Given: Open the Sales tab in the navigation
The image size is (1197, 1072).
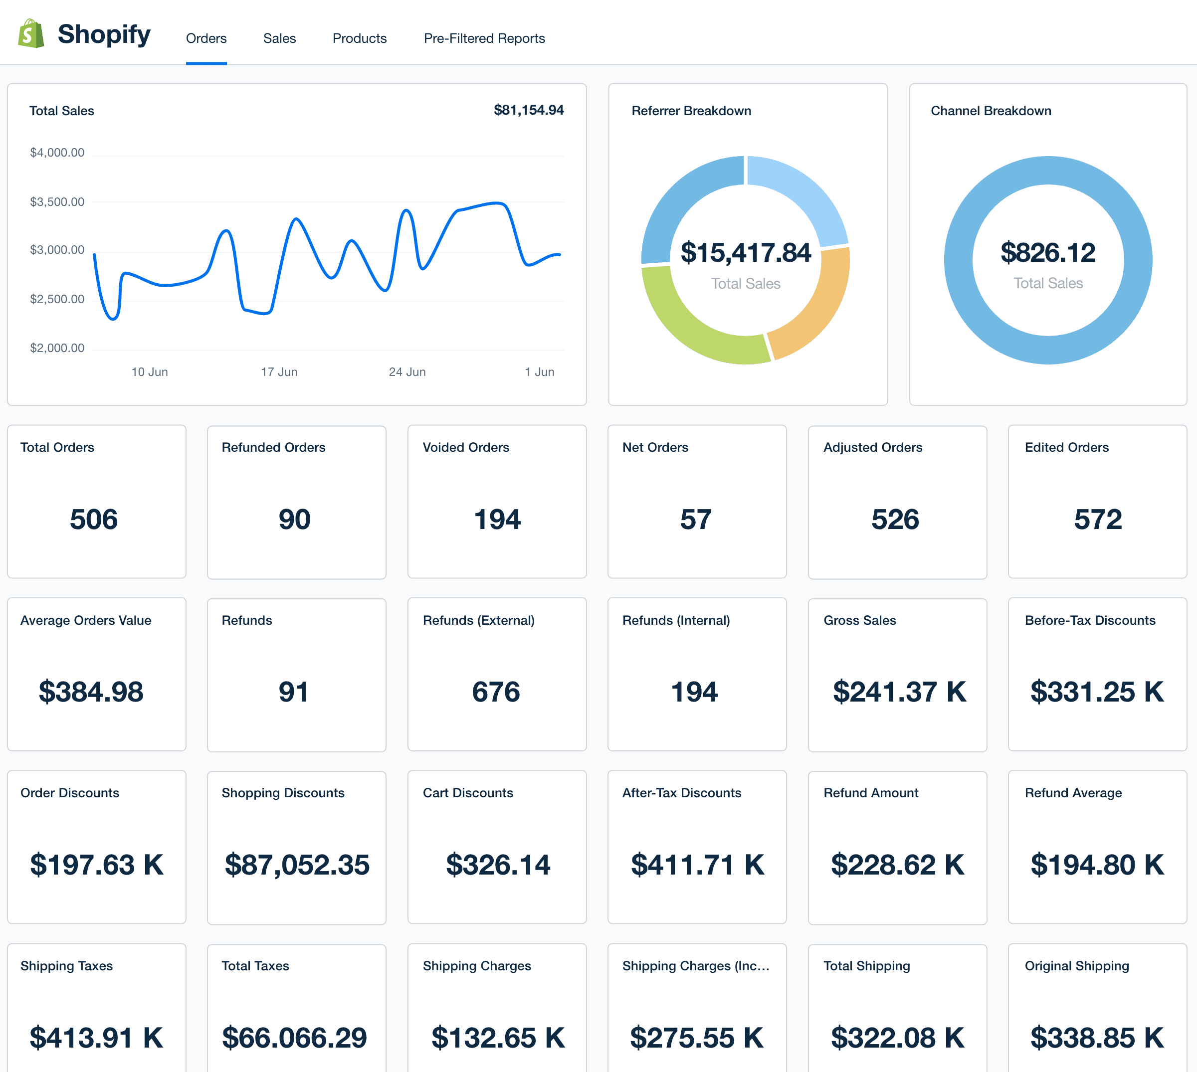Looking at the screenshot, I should point(279,38).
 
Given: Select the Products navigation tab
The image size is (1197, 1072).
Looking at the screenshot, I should point(359,38).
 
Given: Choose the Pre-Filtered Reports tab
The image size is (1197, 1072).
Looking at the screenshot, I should point(484,38).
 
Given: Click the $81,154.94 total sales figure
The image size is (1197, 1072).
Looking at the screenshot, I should point(528,110).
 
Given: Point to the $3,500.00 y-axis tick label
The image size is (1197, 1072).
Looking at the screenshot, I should point(57,202).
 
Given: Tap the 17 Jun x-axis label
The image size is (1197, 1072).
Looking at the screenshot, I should point(279,371).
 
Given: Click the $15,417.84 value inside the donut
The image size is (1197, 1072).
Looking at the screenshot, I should point(746,253).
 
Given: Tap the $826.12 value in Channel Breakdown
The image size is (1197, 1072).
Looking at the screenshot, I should point(1048,253).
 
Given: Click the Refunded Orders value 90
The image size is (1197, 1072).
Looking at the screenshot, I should point(295,520).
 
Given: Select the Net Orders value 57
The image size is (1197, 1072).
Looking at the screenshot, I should point(696,520).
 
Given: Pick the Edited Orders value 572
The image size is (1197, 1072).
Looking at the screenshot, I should point(1097,520).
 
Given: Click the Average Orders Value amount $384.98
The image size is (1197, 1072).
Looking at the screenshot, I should point(91,692).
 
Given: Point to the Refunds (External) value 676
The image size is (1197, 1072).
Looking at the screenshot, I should point(496,692).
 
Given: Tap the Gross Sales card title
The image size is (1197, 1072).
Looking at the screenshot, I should point(859,620).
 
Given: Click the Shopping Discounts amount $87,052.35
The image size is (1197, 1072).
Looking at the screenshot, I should point(297,865).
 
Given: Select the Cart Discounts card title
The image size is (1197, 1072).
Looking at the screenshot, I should point(468,793).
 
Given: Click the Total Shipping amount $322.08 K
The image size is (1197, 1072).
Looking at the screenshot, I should point(897,1038).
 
